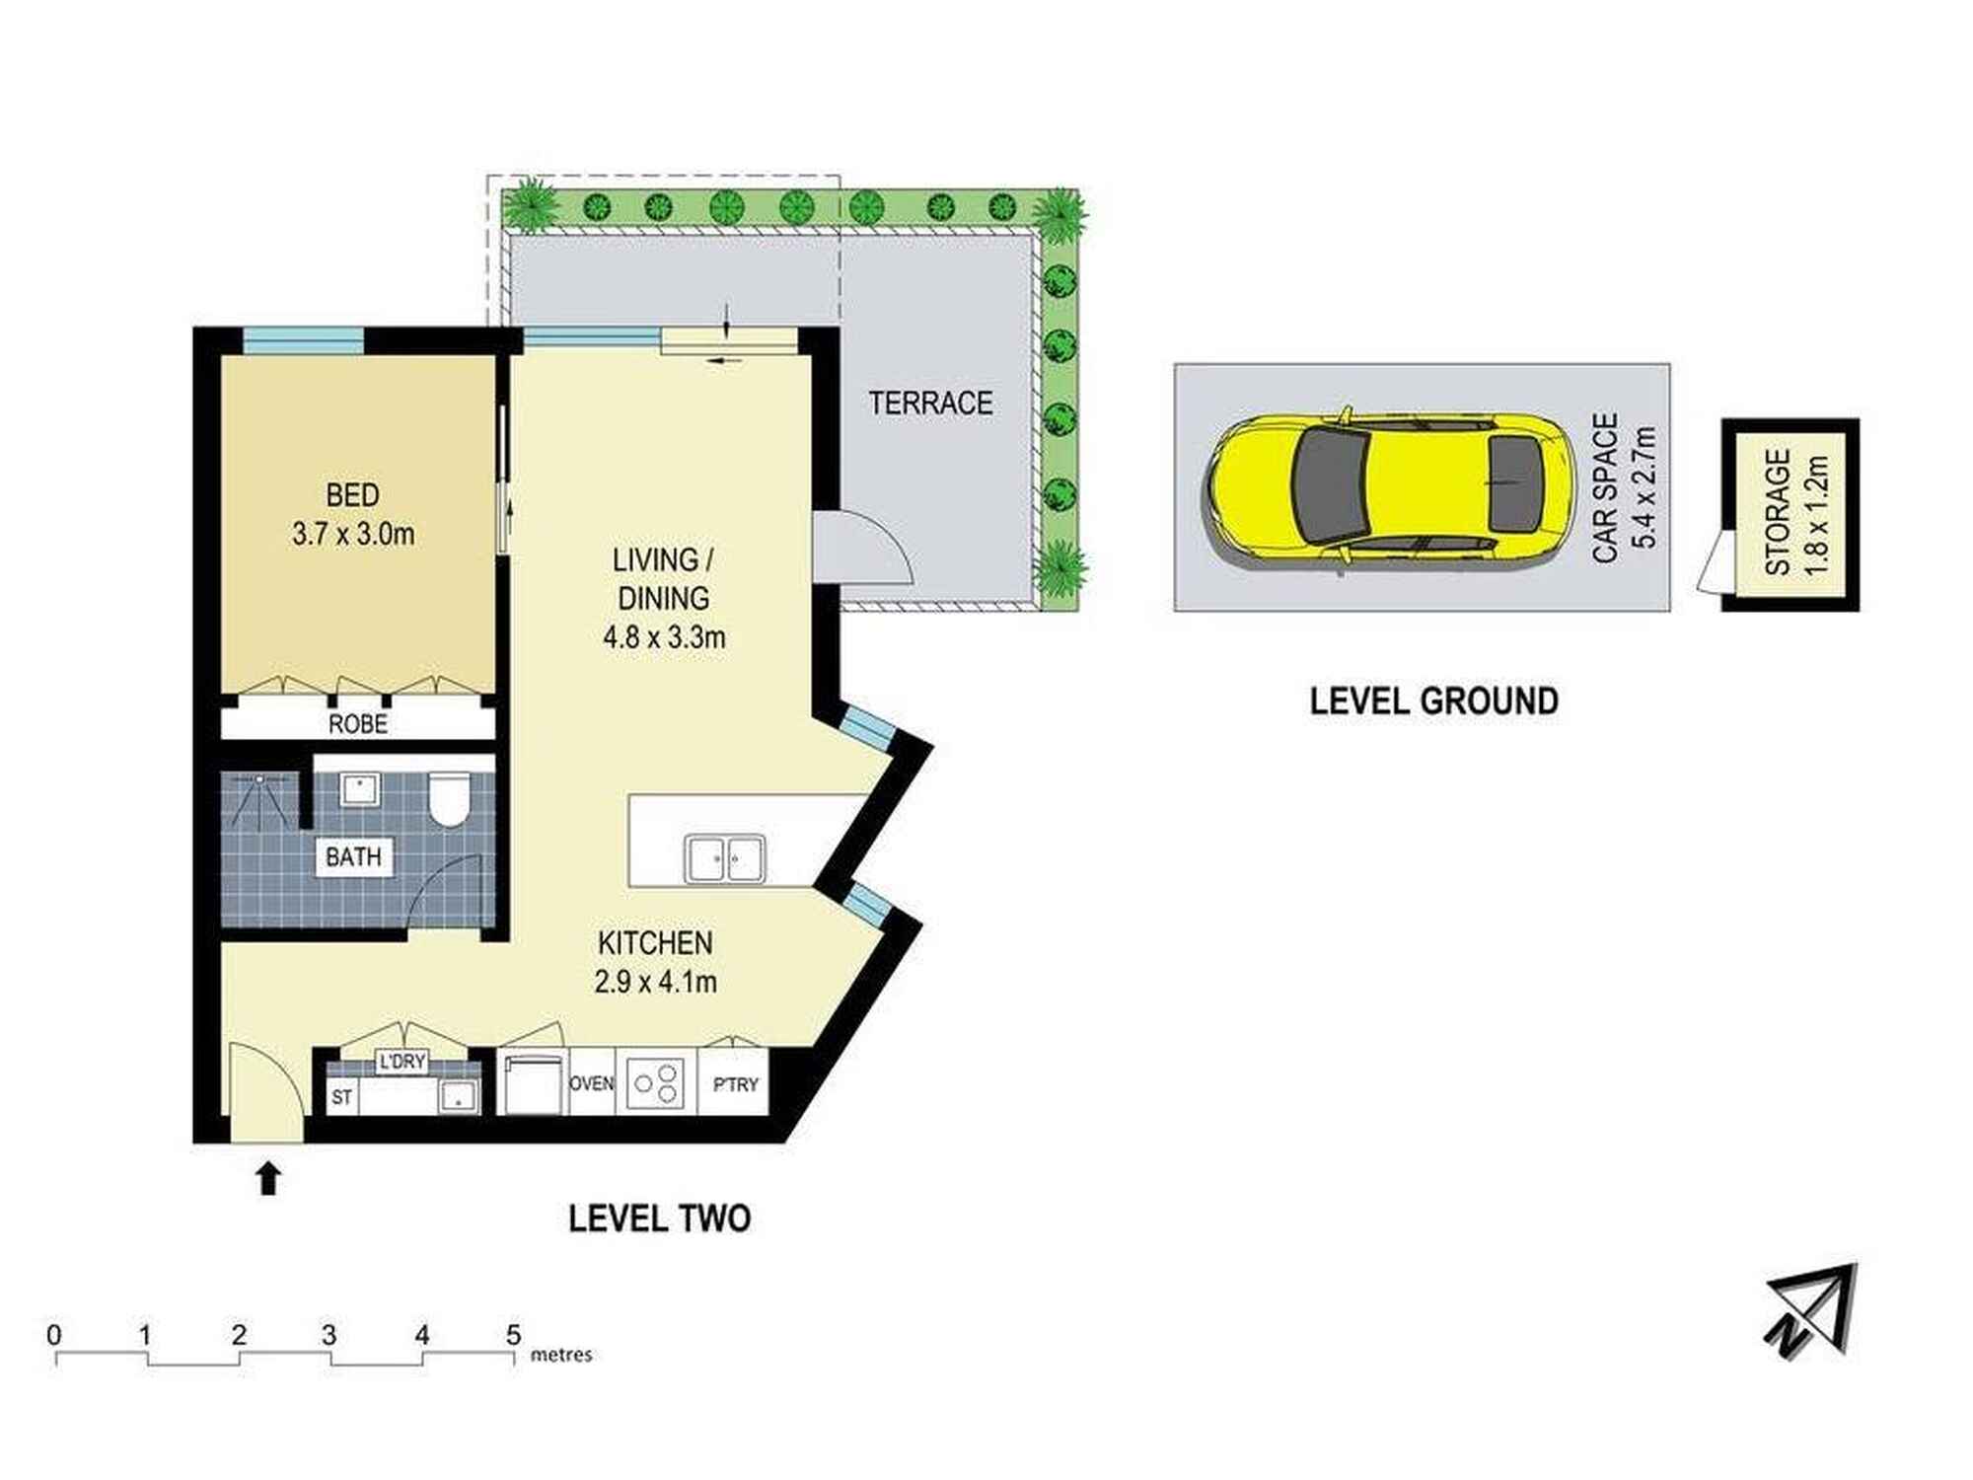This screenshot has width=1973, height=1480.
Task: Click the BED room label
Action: [352, 494]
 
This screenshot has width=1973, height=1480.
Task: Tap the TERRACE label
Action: [930, 403]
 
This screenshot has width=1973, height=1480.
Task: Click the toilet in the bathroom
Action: [450, 798]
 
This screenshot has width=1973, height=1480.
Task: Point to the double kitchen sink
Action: [726, 858]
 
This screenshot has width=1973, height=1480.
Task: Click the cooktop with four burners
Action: [657, 1082]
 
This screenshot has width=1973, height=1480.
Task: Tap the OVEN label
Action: [592, 1083]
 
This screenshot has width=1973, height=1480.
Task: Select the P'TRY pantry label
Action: [735, 1084]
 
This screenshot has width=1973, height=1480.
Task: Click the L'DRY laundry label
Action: [402, 1062]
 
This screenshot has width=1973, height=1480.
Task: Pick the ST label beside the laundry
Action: [341, 1097]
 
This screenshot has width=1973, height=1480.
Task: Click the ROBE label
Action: [357, 724]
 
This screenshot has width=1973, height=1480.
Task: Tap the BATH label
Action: [353, 856]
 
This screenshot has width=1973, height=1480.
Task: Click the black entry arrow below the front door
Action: [268, 1178]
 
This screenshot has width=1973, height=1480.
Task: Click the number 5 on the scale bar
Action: [513, 1335]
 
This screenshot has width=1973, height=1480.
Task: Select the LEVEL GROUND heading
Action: [1434, 701]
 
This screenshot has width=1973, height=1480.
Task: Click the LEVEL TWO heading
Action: [659, 1219]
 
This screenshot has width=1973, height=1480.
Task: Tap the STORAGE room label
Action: [1778, 512]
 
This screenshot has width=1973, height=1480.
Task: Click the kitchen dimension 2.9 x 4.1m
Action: [655, 982]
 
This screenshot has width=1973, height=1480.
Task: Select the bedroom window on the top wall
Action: [303, 340]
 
